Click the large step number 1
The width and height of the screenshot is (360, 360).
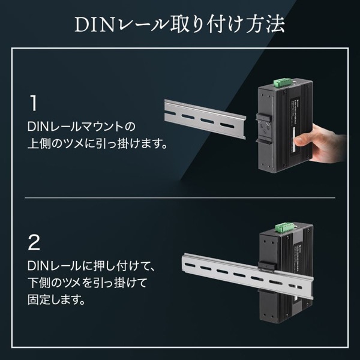(35, 103)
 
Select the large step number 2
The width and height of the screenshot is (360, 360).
(35, 243)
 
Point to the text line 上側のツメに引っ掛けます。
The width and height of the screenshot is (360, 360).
(97, 144)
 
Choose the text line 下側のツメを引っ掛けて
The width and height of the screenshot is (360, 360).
(88, 282)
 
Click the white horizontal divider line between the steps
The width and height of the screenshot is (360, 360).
(180, 197)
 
